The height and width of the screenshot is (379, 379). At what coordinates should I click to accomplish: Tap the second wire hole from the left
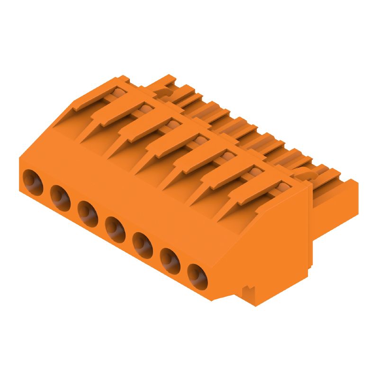click(x=60, y=196)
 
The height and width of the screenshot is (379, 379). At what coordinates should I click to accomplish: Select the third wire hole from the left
click(x=88, y=211)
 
